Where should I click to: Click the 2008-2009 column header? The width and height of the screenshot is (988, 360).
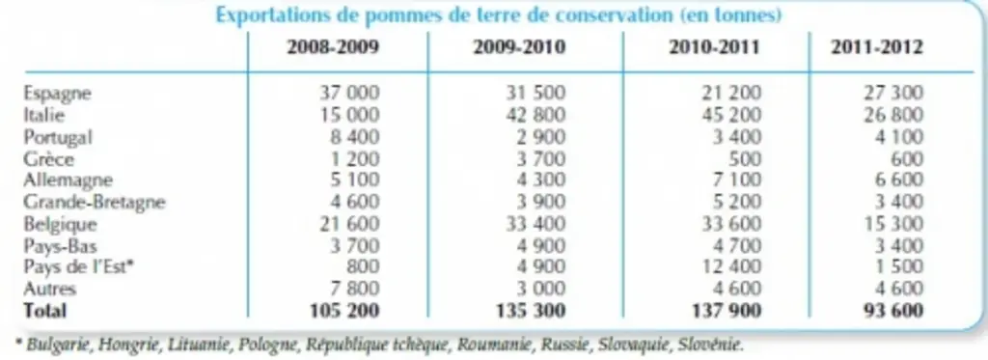(333, 48)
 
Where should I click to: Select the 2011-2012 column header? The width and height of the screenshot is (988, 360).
(876, 48)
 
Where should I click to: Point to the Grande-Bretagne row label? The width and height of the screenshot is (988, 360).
(95, 203)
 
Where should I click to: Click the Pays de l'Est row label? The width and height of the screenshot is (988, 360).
(81, 267)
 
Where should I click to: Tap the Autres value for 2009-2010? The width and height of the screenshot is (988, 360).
(535, 289)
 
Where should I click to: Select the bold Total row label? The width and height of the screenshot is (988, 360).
(44, 311)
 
